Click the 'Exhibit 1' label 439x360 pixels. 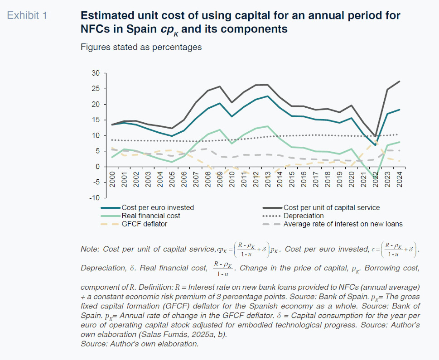click(27, 15)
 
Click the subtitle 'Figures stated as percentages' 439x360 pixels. click(141, 47)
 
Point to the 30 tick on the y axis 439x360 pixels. click(95, 73)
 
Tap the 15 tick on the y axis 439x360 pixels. click(95, 120)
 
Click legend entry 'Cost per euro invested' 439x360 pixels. click(157, 207)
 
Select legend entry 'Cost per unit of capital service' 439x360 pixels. click(332, 207)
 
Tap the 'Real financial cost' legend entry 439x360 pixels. click(150, 216)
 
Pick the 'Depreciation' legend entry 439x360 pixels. click(304, 216)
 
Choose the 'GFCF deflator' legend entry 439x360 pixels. click(145, 224)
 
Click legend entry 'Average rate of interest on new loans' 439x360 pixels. click(343, 224)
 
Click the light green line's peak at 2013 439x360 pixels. click(268, 126)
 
